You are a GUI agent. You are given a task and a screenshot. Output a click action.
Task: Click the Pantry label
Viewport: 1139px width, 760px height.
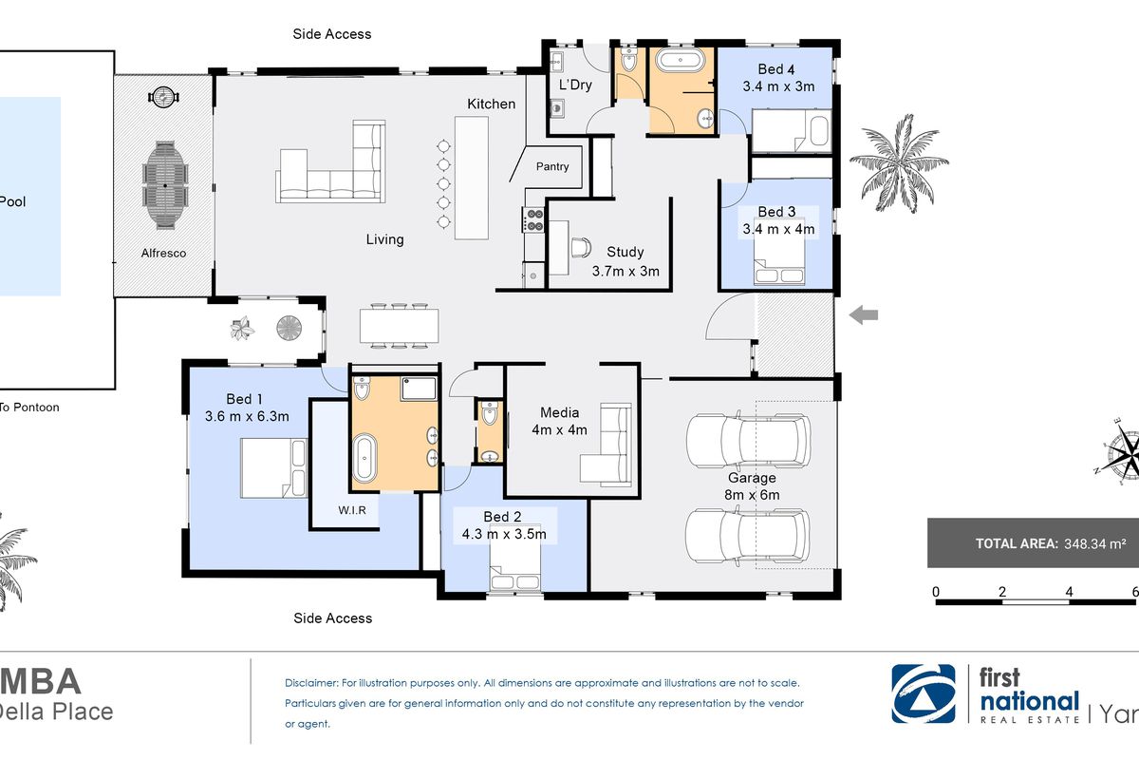coord(552,167)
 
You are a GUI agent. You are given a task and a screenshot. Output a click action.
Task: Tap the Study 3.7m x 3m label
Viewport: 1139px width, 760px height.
coord(625,261)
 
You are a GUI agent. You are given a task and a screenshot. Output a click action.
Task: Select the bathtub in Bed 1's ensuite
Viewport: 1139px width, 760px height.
coord(364,459)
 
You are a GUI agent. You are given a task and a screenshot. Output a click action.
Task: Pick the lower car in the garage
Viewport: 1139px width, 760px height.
coord(748,536)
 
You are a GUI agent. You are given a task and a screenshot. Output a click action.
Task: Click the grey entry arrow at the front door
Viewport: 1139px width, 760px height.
coord(863,315)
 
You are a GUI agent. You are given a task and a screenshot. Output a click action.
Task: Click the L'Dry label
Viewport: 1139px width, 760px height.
coord(574,85)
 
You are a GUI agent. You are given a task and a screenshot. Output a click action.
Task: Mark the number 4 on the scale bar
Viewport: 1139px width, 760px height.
coord(1070,592)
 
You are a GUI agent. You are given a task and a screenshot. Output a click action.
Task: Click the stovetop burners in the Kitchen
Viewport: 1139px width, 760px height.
coord(534,220)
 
